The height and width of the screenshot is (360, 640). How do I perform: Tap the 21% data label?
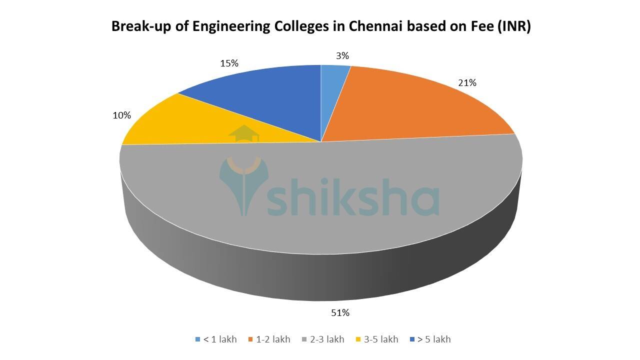pyautogui.click(x=467, y=83)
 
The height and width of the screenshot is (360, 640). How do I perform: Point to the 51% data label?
pyautogui.click(x=340, y=313)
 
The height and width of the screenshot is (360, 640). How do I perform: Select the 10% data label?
pyautogui.click(x=121, y=115)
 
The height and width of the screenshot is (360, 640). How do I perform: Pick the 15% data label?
pyautogui.click(x=229, y=63)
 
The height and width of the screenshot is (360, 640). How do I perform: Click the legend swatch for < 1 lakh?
pyautogui.click(x=198, y=339)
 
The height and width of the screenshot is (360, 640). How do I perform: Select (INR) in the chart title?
pyautogui.click(x=513, y=26)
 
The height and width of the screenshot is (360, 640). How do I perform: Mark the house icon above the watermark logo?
pyautogui.click(x=244, y=133)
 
